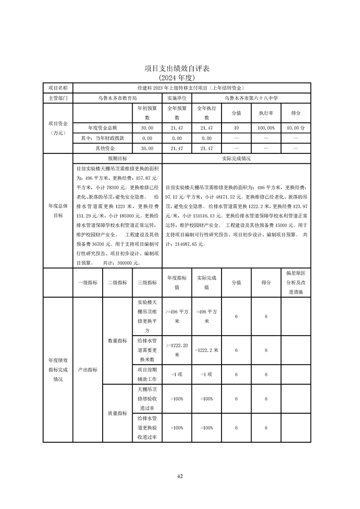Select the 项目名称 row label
pyautogui.click(x=58, y=88)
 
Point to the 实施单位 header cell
pyautogui.click(x=177, y=98)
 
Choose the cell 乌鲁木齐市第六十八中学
pyautogui.click(x=252, y=98)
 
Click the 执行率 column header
pyautogui.click(x=266, y=113)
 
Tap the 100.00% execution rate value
pyautogui.click(x=266, y=128)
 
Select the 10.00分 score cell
pyautogui.click(x=296, y=128)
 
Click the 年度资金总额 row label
pyautogui.click(x=103, y=128)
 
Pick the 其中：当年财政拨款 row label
pyautogui.click(x=103, y=138)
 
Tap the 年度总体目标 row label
pyautogui.click(x=58, y=210)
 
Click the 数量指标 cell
pyautogui.click(x=117, y=340)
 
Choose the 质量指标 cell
pyautogui.click(x=117, y=413)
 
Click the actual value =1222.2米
pyautogui.click(x=207, y=350)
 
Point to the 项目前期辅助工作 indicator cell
pyautogui.click(x=147, y=374)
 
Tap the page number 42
pyautogui.click(x=180, y=476)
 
